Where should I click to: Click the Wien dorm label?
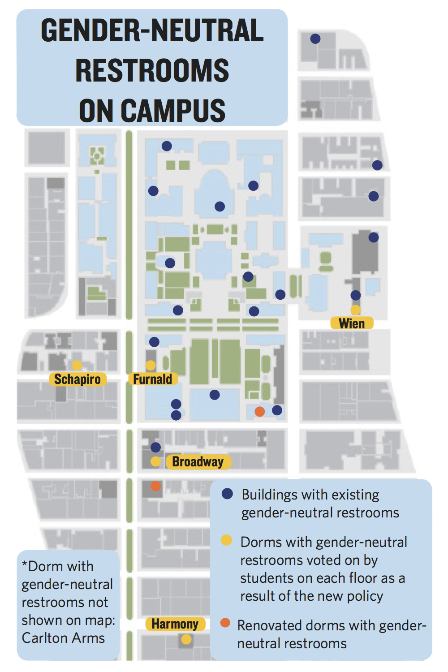pyautogui.click(x=352, y=323)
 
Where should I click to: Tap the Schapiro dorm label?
pyautogui.click(x=78, y=379)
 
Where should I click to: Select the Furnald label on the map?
pyautogui.click(x=152, y=379)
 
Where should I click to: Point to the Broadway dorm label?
pyautogui.click(x=198, y=461)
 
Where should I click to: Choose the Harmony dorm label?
pyautogui.click(x=175, y=624)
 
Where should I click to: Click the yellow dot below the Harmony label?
pyautogui.click(x=186, y=639)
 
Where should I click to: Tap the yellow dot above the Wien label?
pyautogui.click(x=355, y=310)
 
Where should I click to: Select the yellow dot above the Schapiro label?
pyautogui.click(x=77, y=365)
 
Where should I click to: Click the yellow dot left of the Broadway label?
pyautogui.click(x=155, y=461)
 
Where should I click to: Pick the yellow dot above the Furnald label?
pyautogui.click(x=151, y=365)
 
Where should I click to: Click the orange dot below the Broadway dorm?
pyautogui.click(x=155, y=486)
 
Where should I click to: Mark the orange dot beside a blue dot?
pyautogui.click(x=259, y=411)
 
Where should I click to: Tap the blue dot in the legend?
pyautogui.click(x=228, y=494)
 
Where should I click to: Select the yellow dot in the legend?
pyautogui.click(x=227, y=540)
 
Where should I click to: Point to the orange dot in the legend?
pyautogui.click(x=225, y=623)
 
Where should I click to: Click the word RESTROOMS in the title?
pyautogui.click(x=152, y=71)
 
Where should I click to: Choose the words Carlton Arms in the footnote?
pyautogui.click(x=63, y=638)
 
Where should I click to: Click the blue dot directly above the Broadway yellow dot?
pyautogui.click(x=155, y=447)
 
